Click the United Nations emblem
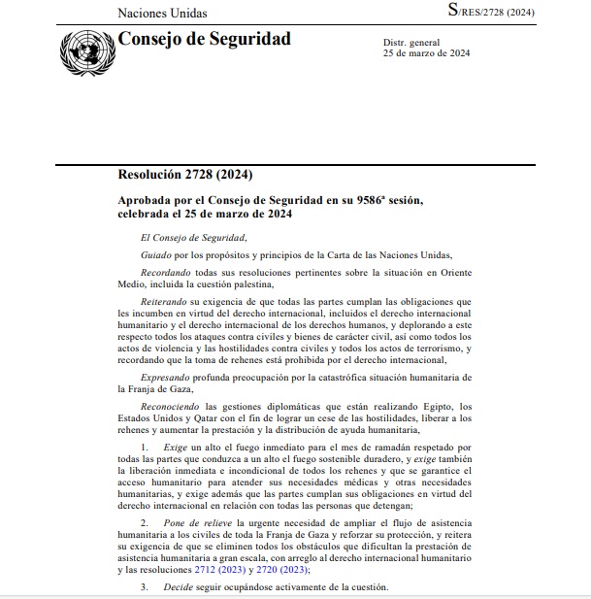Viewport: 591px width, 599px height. click(86, 49)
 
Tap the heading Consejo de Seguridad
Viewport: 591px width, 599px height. click(204, 40)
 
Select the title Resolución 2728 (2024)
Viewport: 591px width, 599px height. click(184, 175)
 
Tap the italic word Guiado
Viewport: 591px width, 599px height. click(157, 253)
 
